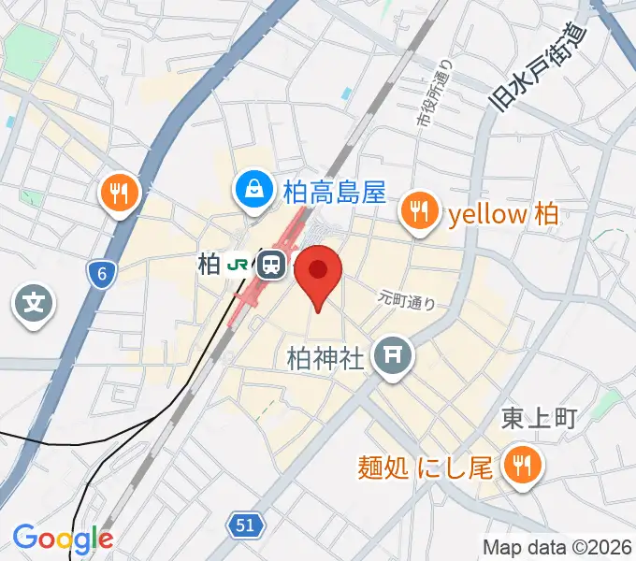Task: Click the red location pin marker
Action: [318, 273]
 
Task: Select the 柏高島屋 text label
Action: [333, 194]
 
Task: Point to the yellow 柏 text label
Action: [503, 214]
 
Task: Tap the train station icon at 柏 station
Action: [272, 265]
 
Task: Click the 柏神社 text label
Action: [325, 358]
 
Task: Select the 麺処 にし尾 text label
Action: [426, 466]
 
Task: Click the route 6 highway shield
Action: [101, 273]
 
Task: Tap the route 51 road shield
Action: [244, 526]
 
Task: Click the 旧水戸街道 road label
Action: [540, 67]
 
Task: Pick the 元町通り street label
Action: [407, 300]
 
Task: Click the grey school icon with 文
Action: [34, 303]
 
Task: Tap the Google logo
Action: [63, 539]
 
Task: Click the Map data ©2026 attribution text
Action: [556, 547]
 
